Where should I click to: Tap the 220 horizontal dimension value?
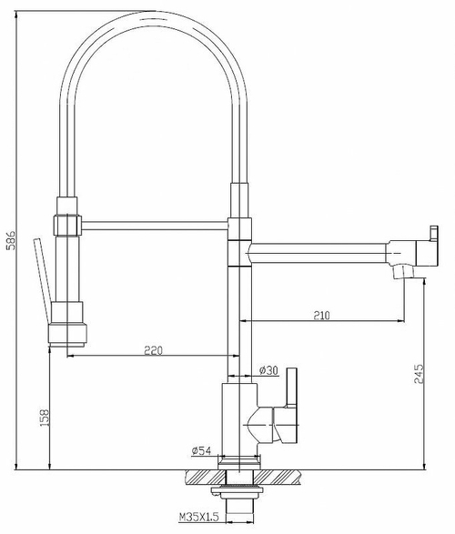click(152, 350)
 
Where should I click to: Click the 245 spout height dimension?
click(418, 376)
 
